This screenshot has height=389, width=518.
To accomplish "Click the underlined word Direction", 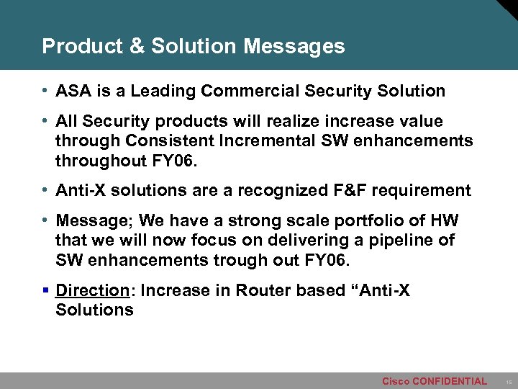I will coord(91,291).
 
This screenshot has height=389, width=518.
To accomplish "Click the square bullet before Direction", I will coord(45,291).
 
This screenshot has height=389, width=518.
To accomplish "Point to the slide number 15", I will coord(507,382).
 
